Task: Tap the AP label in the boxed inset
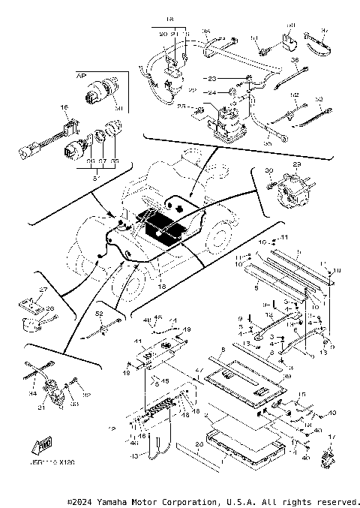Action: [80, 76]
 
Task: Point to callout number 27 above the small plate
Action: [43, 289]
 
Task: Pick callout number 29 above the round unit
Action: [296, 164]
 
